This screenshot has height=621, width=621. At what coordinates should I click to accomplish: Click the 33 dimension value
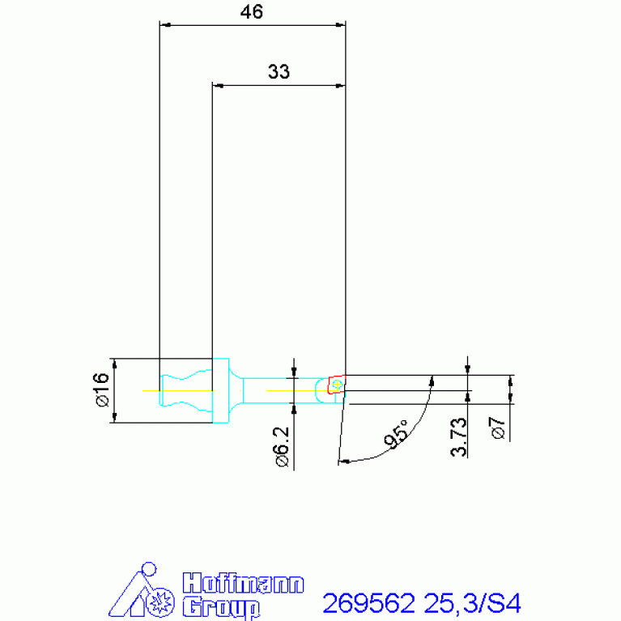pyautogui.click(x=279, y=72)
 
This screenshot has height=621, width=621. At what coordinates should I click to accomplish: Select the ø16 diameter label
pyautogui.click(x=100, y=389)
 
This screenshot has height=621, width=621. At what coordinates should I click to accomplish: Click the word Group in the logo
pyautogui.click(x=220, y=606)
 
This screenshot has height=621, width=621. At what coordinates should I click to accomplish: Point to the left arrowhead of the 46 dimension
pyautogui.click(x=164, y=25)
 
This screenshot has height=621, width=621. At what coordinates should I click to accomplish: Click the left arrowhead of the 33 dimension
pyautogui.click(x=217, y=84)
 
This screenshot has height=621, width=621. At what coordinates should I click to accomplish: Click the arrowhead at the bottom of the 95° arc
pyautogui.click(x=342, y=461)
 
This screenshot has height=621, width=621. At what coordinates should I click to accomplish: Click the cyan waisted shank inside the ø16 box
pyautogui.click(x=186, y=390)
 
